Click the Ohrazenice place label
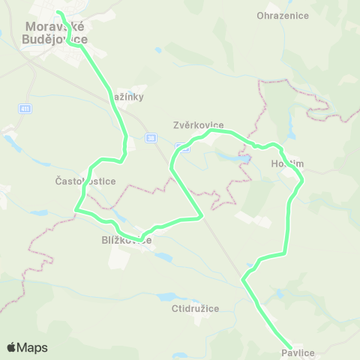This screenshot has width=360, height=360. (278, 16)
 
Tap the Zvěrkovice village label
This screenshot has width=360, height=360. (199, 126)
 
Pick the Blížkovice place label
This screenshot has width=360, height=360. (127, 241)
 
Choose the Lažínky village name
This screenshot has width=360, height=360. (127, 97)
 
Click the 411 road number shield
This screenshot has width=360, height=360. (25, 109)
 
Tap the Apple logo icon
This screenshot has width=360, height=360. (11, 347)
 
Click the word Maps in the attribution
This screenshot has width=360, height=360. (32, 347)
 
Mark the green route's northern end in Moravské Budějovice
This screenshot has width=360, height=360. (58, 12)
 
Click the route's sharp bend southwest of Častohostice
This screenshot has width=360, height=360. (76, 211)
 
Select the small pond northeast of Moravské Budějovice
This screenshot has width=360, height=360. (157, 50)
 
